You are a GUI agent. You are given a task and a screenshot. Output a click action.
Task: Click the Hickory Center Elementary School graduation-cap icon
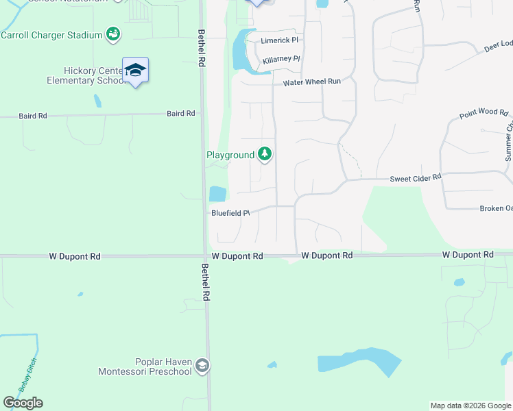pyautogui.click(x=136, y=70)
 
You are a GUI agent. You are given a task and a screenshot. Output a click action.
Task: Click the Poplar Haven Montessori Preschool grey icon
pyautogui.click(x=202, y=366)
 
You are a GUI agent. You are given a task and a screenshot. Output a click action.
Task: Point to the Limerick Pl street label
pyautogui.click(x=281, y=40)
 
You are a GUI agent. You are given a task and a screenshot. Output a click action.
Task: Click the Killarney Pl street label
pyautogui.click(x=282, y=59)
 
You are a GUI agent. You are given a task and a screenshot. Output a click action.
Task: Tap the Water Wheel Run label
pyautogui.click(x=312, y=82)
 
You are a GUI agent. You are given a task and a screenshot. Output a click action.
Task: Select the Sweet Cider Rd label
pyautogui.click(x=416, y=177)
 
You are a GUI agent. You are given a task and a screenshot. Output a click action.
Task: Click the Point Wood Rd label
pyautogui.click(x=484, y=112)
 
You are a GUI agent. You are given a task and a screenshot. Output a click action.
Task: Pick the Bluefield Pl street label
pyautogui.click(x=230, y=213)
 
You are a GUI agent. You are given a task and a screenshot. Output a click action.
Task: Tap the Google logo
pyautogui.click(x=23, y=403)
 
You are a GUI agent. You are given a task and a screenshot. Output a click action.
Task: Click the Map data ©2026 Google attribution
pyautogui.click(x=470, y=406)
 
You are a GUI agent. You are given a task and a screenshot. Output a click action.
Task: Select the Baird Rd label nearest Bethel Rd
pyautogui.click(x=181, y=114)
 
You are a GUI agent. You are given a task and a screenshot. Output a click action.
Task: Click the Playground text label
pyautogui.click(x=230, y=155)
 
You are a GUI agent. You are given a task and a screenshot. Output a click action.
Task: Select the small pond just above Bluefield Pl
pyautogui.click(x=217, y=194)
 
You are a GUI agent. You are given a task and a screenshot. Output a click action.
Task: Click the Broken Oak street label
pyautogui.click(x=495, y=208)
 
